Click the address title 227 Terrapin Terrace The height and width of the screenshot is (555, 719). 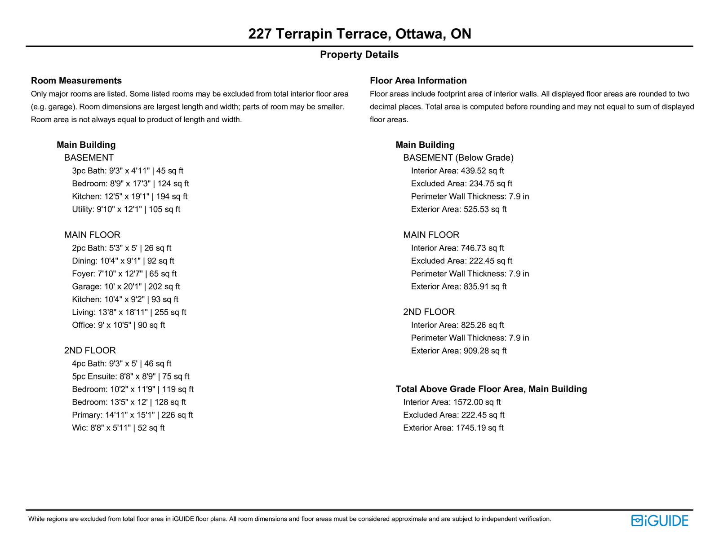(359, 34)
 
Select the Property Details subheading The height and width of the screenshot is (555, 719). (359, 55)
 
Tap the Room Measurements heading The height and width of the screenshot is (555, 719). (76, 81)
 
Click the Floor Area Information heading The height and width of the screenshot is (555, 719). (418, 81)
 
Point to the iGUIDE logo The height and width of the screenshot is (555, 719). (659, 520)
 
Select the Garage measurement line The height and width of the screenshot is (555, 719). (126, 286)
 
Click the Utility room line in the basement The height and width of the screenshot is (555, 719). (126, 209)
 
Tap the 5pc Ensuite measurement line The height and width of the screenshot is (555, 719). (130, 376)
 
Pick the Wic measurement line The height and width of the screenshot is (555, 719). (118, 428)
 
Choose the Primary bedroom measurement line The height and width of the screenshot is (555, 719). (132, 415)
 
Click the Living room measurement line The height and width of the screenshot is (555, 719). (129, 312)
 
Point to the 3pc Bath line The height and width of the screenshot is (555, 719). (128, 171)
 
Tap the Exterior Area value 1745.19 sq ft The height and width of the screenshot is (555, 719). (479, 428)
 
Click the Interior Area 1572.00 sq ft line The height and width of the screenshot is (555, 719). (452, 402)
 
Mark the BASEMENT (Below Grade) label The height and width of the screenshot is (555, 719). (458, 158)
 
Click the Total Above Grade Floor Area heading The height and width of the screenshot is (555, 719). (491, 389)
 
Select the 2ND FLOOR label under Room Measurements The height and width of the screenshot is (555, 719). (90, 351)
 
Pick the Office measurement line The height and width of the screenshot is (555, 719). (118, 325)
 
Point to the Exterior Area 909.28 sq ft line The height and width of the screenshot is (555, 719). (458, 351)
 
